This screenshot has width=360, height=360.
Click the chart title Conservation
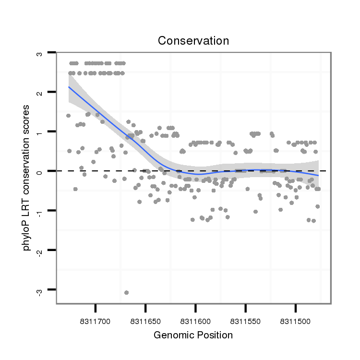click(193, 41)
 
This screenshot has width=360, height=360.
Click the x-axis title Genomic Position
click(193, 335)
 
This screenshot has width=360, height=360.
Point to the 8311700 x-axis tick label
click(96, 318)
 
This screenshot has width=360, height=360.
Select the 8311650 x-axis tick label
click(145, 318)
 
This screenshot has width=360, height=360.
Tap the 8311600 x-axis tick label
click(195, 318)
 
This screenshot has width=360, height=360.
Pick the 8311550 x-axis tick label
click(245, 318)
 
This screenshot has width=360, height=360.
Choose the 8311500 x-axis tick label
click(295, 318)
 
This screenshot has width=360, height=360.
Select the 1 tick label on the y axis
click(39, 132)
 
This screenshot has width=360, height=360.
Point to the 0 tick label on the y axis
click(39, 171)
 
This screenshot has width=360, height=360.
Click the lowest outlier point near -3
click(126, 292)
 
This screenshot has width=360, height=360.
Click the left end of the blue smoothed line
click(69, 87)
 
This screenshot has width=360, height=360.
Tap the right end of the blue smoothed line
click(318, 176)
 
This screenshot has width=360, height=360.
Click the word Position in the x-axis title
click(215, 335)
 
